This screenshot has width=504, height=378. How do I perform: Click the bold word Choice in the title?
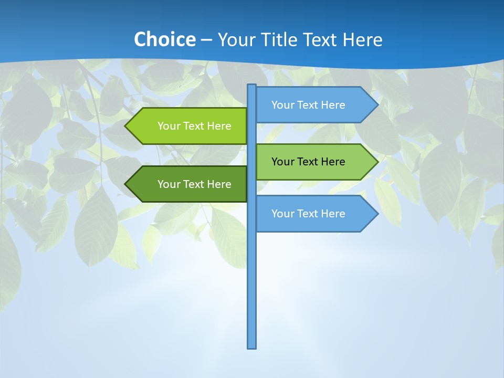[164, 39]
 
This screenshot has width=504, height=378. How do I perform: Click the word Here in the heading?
[362, 39]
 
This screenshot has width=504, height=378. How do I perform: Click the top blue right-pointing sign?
[310, 105]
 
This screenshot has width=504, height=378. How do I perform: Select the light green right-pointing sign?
[310, 162]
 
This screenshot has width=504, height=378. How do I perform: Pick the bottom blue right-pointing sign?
[310, 214]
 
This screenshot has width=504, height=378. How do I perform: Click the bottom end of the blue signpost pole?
[252, 346]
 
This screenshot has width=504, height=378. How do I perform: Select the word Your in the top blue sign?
[282, 105]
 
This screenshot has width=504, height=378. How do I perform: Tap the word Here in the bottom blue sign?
[333, 214]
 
